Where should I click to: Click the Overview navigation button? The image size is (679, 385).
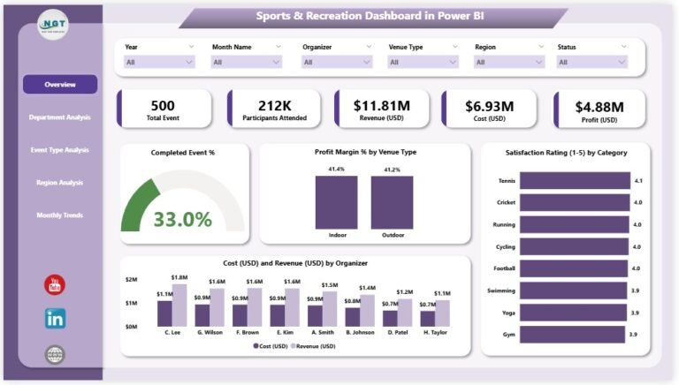pos(60,85)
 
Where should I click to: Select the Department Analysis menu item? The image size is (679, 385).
pos(60,117)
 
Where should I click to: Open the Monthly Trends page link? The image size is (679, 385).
pos(60,215)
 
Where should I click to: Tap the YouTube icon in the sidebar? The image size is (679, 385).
pos(55,284)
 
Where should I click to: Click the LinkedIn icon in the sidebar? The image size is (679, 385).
pos(55,319)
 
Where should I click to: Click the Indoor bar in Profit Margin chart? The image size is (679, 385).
pos(336,202)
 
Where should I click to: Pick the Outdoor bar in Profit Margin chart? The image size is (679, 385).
pos(392,202)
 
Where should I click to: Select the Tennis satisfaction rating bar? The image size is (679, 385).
pos(572,180)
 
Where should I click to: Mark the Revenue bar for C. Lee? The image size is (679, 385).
pos(179,306)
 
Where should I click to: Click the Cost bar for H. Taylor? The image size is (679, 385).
pos(428,318)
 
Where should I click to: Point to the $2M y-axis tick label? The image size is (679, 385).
pos(131,279)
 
